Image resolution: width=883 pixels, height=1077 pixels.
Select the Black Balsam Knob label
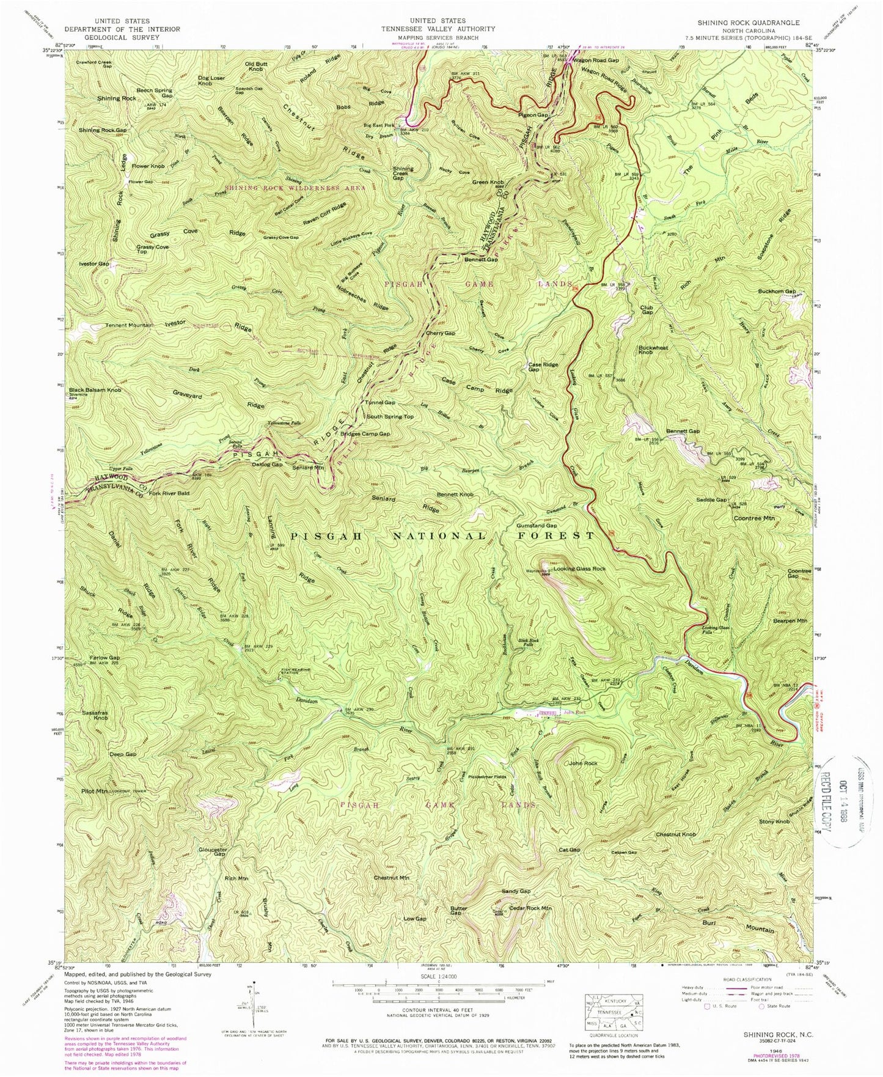tap(95, 390)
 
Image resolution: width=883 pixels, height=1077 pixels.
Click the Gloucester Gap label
tap(213, 852)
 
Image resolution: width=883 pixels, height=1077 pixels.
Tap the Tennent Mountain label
tap(128, 325)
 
